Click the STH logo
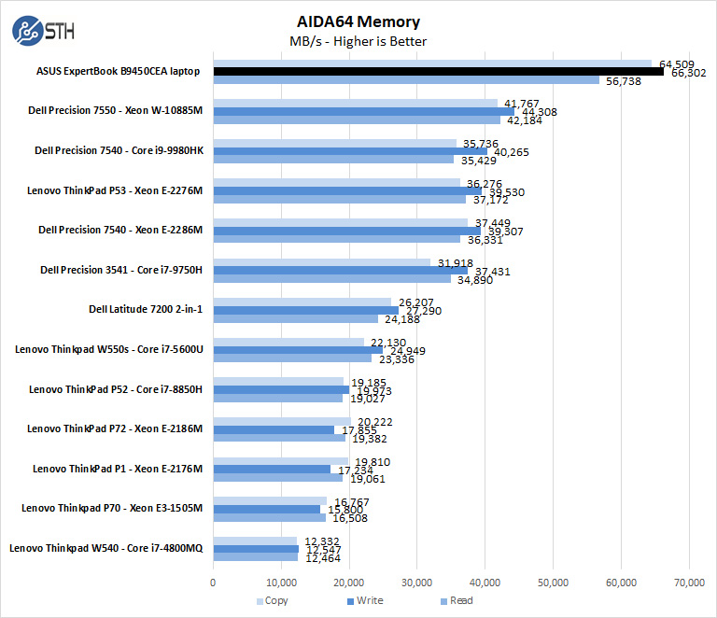pos(43,31)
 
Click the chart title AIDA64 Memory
pos(358,21)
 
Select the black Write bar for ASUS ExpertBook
pos(438,71)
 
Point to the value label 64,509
pos(676,63)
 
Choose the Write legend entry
pos(365,601)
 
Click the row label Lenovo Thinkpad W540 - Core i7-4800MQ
pos(105,549)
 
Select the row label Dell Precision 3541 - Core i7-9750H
pos(121,270)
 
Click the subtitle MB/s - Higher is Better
pos(358,41)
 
